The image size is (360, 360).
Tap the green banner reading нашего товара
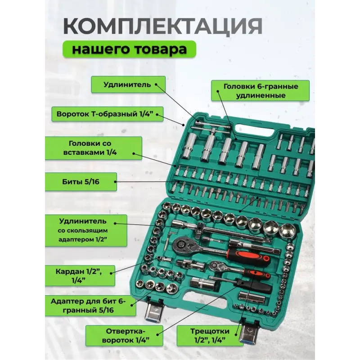[x=129, y=49]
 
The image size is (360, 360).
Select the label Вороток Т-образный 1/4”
[x=107, y=114]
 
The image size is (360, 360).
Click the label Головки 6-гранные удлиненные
[x=261, y=91]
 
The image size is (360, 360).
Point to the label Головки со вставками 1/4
[x=93, y=148]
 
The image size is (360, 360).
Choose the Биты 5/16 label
[x=81, y=182]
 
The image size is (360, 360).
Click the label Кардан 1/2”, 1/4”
[x=80, y=276]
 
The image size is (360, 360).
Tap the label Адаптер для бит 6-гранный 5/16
[x=90, y=306]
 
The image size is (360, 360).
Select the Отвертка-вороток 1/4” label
[x=124, y=335]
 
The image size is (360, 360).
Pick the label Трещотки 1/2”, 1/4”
[x=210, y=335]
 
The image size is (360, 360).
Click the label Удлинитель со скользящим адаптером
[x=86, y=230]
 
